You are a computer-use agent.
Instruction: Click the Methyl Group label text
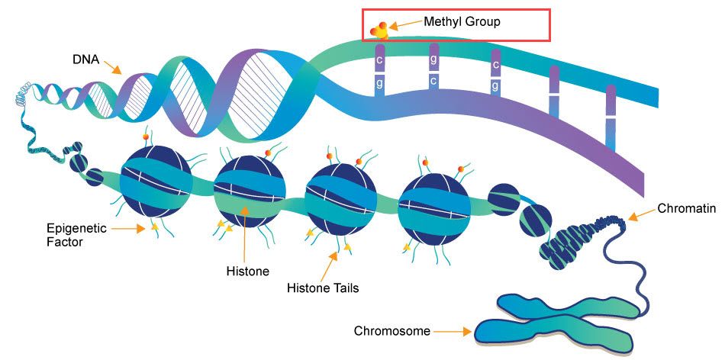tap(462, 22)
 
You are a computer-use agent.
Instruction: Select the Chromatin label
tap(681, 209)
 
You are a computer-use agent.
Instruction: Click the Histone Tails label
tap(323, 288)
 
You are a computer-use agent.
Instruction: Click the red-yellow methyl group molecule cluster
tap(379, 31)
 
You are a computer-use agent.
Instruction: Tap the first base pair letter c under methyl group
tap(379, 59)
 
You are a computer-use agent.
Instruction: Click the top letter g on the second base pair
tap(433, 57)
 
